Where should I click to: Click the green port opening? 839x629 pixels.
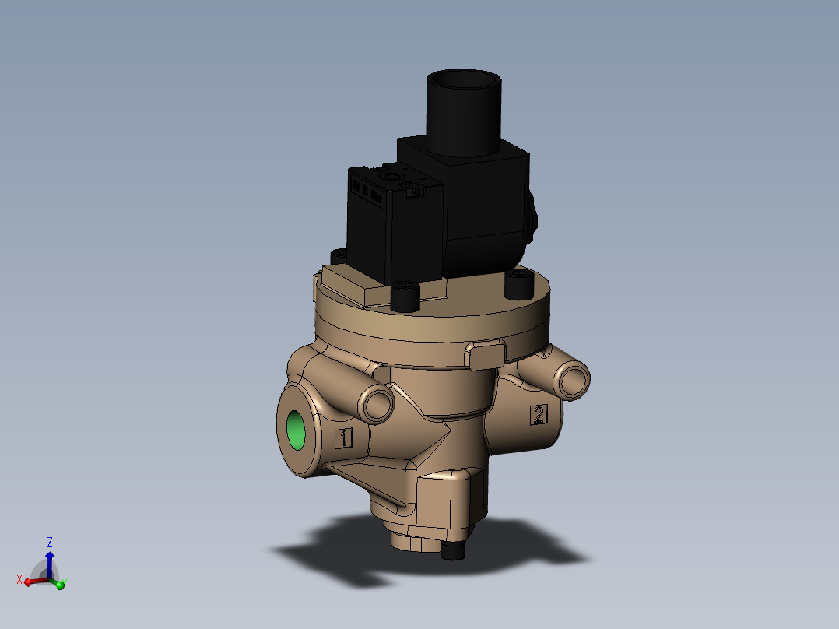click(x=296, y=431)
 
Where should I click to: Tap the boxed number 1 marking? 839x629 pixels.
click(x=343, y=438)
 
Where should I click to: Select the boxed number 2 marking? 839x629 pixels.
click(x=539, y=414)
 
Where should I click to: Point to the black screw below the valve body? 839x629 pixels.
click(x=453, y=551)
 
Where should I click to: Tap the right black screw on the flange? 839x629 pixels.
click(x=519, y=284)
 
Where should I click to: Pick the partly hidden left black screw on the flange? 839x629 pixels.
click(x=339, y=256)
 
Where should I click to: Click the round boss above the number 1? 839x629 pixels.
click(x=377, y=404)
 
